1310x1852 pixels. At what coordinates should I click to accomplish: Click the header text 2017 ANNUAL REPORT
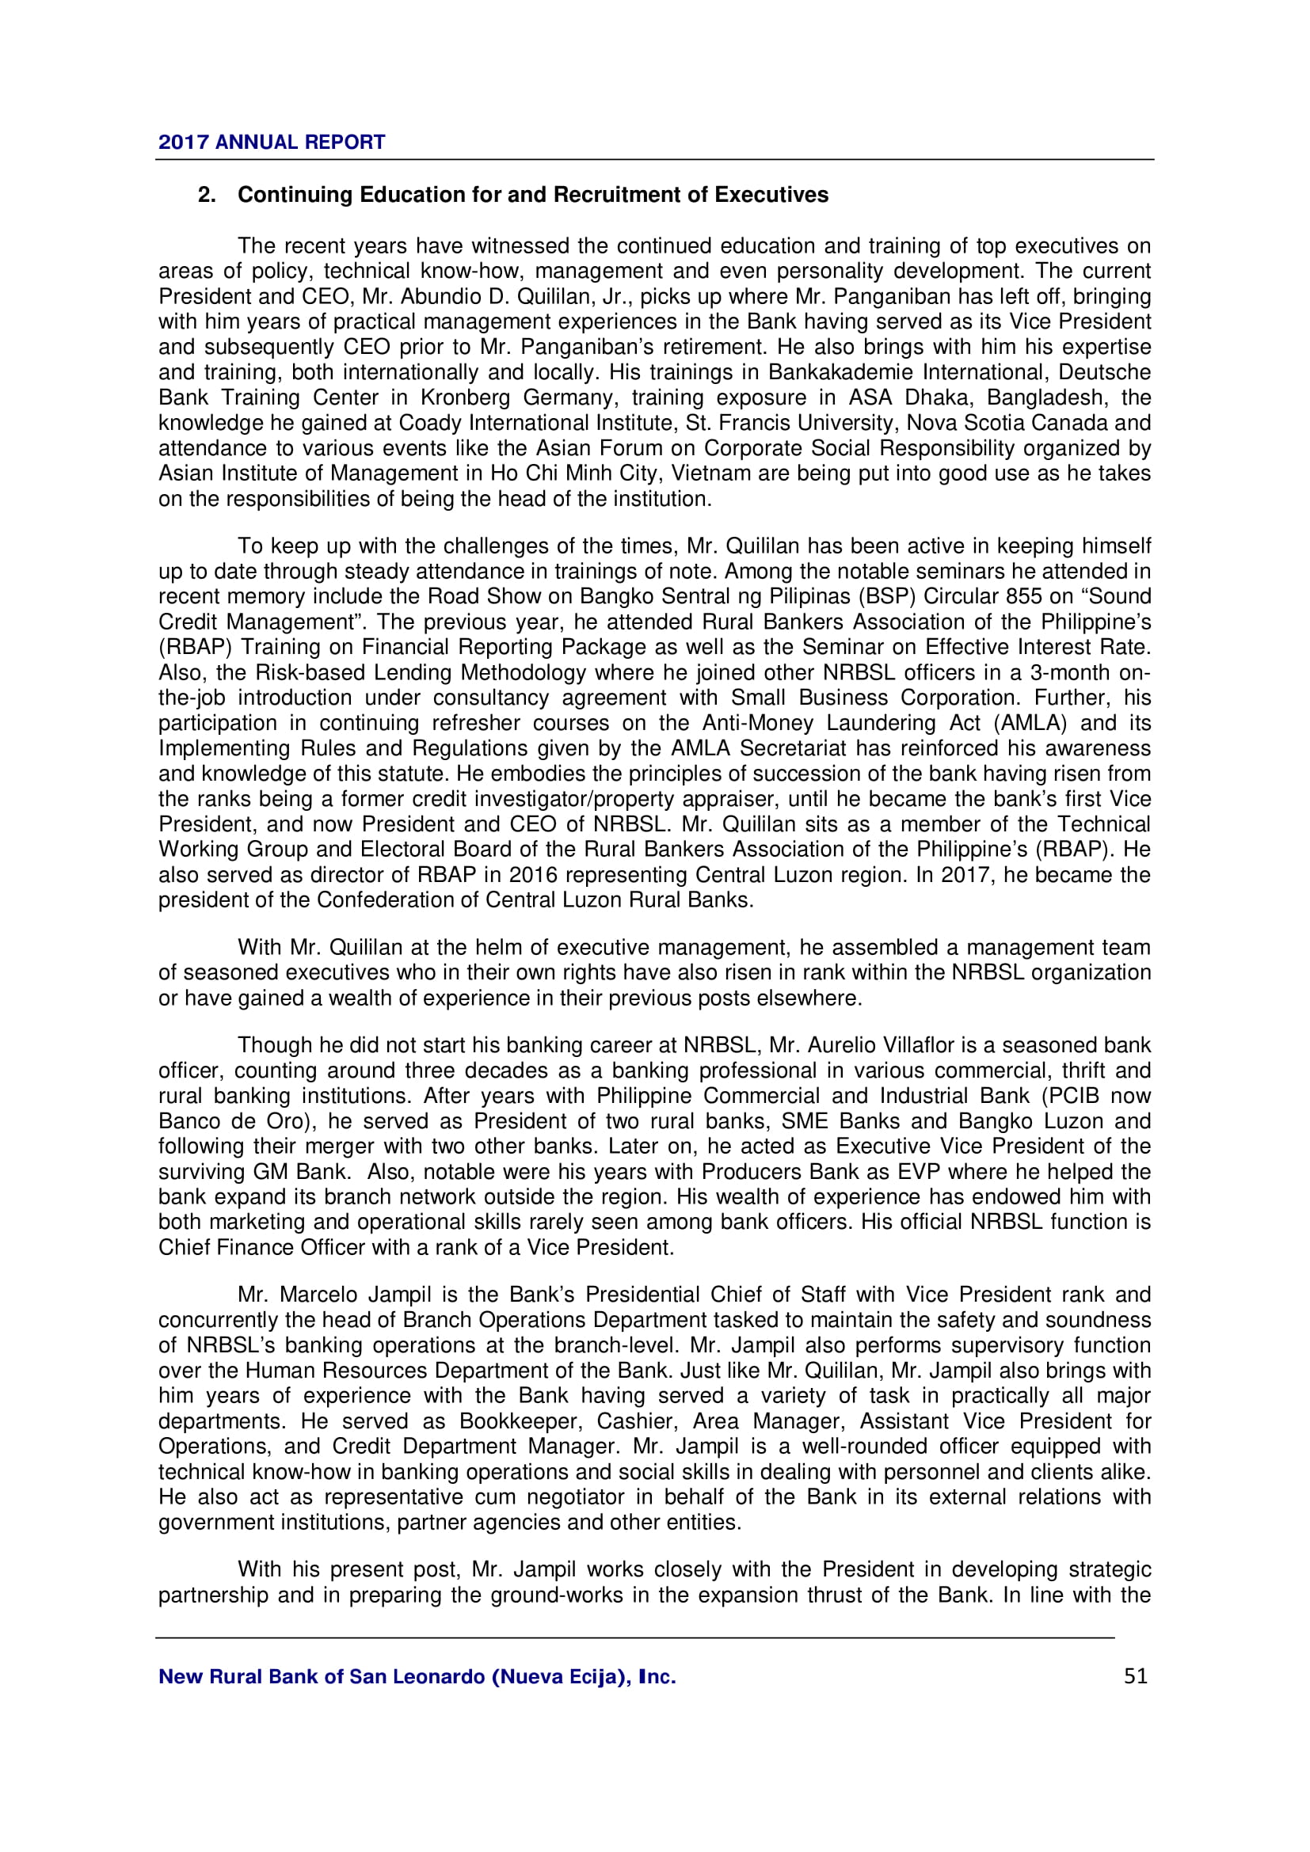pyautogui.click(x=272, y=143)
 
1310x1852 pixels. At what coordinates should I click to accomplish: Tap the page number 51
pyautogui.click(x=1135, y=1676)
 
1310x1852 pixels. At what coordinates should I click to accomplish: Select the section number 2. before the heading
pyautogui.click(x=208, y=196)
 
